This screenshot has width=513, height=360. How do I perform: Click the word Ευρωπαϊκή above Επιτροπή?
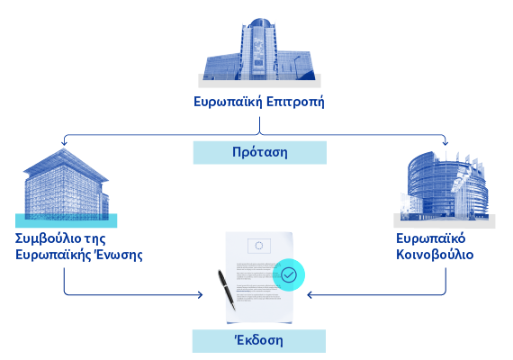(228, 102)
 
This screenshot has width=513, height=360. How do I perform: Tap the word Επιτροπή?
(295, 102)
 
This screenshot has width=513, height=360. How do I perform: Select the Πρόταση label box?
(260, 152)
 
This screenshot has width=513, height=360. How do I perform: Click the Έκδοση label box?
(259, 341)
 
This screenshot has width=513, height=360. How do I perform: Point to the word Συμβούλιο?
(48, 238)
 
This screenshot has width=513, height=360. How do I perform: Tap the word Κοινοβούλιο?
(435, 255)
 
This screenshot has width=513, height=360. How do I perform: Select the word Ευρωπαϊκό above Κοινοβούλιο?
(430, 238)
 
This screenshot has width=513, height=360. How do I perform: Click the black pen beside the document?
(227, 290)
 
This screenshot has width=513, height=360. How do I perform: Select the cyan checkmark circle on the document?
(289, 274)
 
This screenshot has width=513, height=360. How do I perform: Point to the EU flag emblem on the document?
(259, 246)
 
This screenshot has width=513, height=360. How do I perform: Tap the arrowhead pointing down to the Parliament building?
(445, 143)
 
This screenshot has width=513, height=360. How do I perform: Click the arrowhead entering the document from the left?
(200, 295)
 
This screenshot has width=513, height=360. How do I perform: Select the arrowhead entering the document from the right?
(310, 295)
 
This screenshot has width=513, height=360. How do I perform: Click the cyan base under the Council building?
(66, 220)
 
